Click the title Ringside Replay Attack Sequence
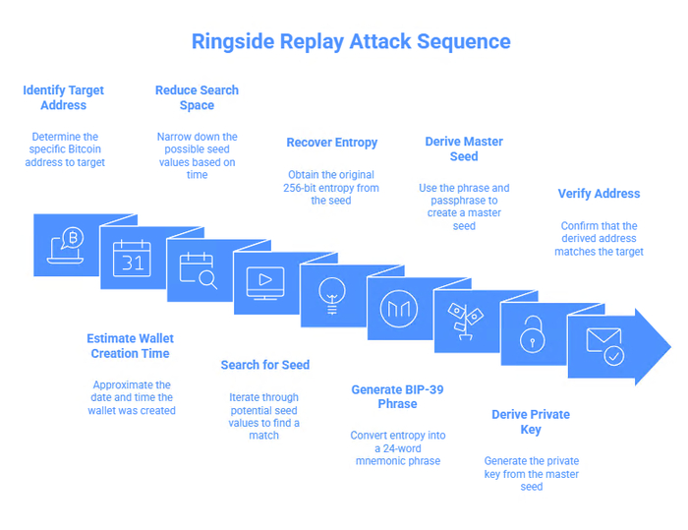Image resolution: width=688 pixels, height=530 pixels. pyautogui.click(x=351, y=41)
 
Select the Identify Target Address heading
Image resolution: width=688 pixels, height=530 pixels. pyautogui.click(x=64, y=97)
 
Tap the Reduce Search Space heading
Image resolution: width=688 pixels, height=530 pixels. pyautogui.click(x=197, y=97)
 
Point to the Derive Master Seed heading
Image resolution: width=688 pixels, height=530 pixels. pyautogui.click(x=464, y=148)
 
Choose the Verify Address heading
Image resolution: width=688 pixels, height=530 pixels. pyautogui.click(x=599, y=194)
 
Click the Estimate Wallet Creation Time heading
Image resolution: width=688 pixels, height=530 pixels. pyautogui.click(x=130, y=346)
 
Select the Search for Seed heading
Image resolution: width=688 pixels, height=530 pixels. pyautogui.click(x=264, y=365)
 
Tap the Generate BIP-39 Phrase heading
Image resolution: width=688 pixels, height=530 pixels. pyautogui.click(x=397, y=397)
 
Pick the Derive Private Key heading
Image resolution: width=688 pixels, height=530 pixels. pyautogui.click(x=531, y=422)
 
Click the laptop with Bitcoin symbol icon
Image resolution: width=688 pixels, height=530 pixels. pyautogui.click(x=67, y=250)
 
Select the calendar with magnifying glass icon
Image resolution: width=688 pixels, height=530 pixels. pyautogui.click(x=199, y=269)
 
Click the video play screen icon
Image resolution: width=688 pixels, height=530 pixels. pyautogui.click(x=264, y=281)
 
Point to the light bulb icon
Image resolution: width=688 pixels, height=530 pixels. pyautogui.click(x=331, y=292)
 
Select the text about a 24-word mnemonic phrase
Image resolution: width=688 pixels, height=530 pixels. pyautogui.click(x=396, y=447)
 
